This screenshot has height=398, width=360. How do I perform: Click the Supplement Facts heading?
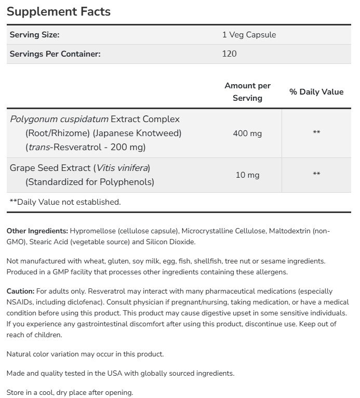click(58, 11)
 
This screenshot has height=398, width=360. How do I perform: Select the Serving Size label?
click(35, 35)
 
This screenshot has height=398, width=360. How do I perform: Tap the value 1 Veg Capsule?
click(249, 35)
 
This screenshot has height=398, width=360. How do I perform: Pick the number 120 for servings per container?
click(229, 54)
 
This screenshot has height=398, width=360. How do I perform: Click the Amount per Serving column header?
click(247, 91)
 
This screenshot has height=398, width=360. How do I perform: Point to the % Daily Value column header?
click(316, 91)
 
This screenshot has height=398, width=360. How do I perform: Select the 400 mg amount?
click(247, 133)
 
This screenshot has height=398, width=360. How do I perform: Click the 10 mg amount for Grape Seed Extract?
click(247, 175)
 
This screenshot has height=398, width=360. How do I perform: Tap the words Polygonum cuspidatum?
click(59, 119)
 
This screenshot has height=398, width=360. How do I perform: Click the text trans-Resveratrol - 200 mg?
click(85, 147)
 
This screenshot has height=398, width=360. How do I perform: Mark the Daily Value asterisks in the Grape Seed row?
click(316, 174)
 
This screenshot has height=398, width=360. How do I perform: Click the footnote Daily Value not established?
click(65, 202)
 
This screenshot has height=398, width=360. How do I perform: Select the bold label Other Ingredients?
click(37, 231)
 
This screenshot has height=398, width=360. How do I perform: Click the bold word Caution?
click(20, 291)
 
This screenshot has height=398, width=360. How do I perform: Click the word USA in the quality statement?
click(121, 373)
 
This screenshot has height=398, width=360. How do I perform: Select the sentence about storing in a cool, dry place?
click(70, 392)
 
